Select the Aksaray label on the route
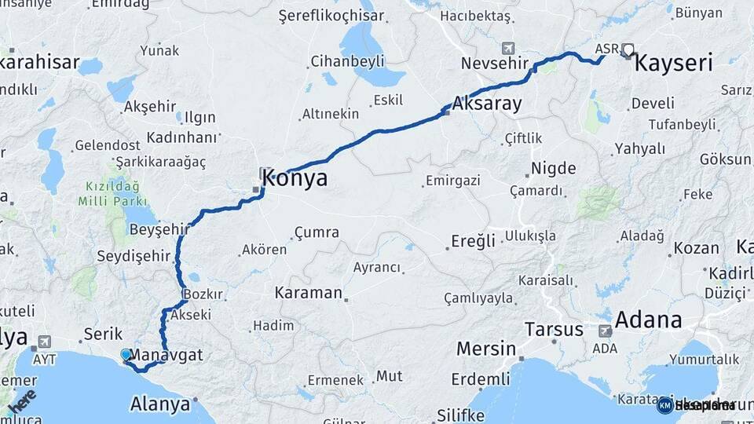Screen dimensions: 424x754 (x=487, y=103)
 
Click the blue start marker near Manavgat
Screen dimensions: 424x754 (x=126, y=356)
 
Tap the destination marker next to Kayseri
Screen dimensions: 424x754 (x=628, y=52)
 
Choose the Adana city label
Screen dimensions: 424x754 (x=647, y=320)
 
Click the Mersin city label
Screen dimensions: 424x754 (x=486, y=348)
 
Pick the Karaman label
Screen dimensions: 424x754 (x=309, y=293)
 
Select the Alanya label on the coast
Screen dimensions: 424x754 (x=160, y=404)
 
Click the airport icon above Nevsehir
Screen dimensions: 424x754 (x=508, y=49)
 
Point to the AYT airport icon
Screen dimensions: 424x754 (x=43, y=342)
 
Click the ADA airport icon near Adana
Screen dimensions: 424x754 (x=605, y=331)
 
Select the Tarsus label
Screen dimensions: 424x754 (x=554, y=328)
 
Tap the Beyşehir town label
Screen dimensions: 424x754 (x=159, y=229)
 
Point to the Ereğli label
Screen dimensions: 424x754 (x=473, y=240)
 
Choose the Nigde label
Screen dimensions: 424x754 (x=554, y=168)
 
